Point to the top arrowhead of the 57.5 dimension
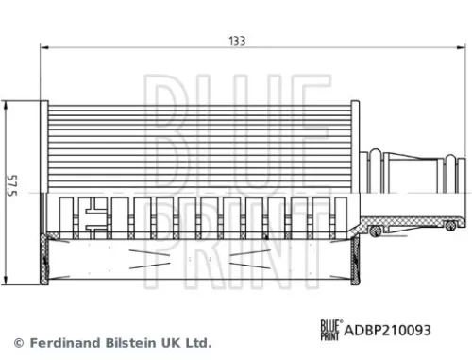pyautogui.click(x=8, y=106)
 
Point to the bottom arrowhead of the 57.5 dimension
pyautogui.click(x=8, y=281)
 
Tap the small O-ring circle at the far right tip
pyautogui.click(x=451, y=224)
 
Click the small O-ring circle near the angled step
pyautogui.click(x=376, y=231)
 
